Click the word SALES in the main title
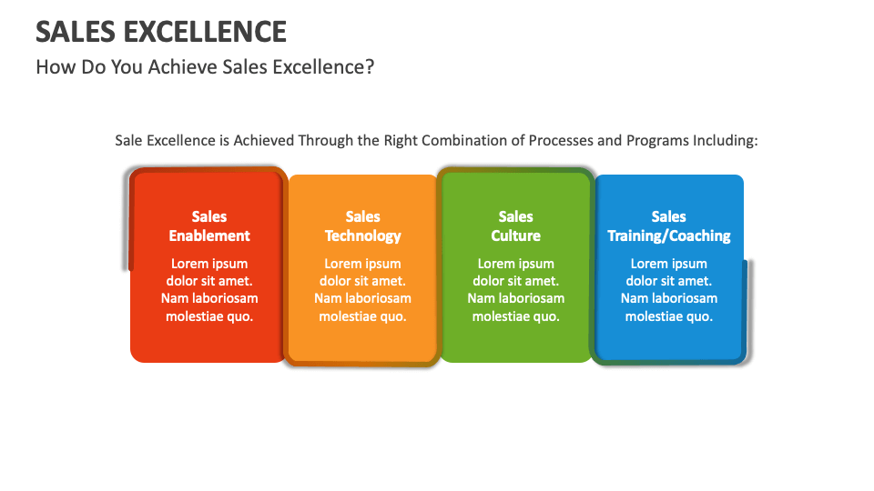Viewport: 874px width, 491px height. point(75,31)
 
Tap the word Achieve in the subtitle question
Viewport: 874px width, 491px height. point(182,67)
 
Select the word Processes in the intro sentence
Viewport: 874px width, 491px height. point(556,141)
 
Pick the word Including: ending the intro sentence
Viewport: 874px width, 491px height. point(725,141)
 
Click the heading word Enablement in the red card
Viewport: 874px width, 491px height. point(209,235)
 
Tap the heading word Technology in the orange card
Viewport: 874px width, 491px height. point(362,235)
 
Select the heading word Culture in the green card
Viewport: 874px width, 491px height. point(515,235)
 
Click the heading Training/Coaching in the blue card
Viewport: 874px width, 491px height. point(669,235)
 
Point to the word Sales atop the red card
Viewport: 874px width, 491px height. point(209,216)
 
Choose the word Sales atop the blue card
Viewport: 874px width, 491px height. point(669,216)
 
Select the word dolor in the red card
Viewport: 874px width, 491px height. point(183,281)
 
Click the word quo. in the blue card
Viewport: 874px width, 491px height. point(699,316)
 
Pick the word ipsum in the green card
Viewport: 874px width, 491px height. point(535,264)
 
